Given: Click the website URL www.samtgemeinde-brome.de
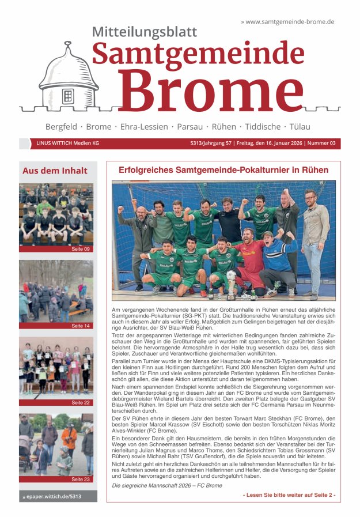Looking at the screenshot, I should coord(290,21).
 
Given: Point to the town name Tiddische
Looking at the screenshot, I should coord(271,126).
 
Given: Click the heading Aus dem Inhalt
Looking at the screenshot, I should coord(55,171).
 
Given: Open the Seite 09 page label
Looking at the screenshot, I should coord(80,249).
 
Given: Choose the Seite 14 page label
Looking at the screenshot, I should coord(80,326).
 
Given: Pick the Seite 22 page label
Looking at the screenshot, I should coord(80,402).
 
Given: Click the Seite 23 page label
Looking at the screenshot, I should coord(80,479).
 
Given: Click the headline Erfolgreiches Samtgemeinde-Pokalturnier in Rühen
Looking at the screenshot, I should coord(223,170).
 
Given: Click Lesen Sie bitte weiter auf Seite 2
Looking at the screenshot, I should coord(289,495).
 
